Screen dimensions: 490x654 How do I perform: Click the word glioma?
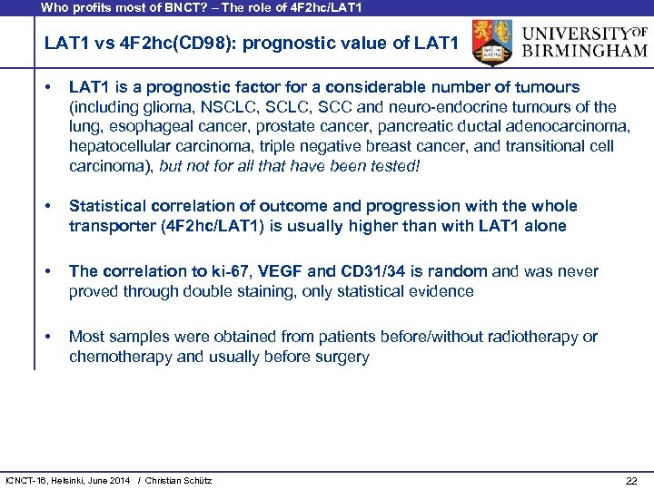coord(162,107)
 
